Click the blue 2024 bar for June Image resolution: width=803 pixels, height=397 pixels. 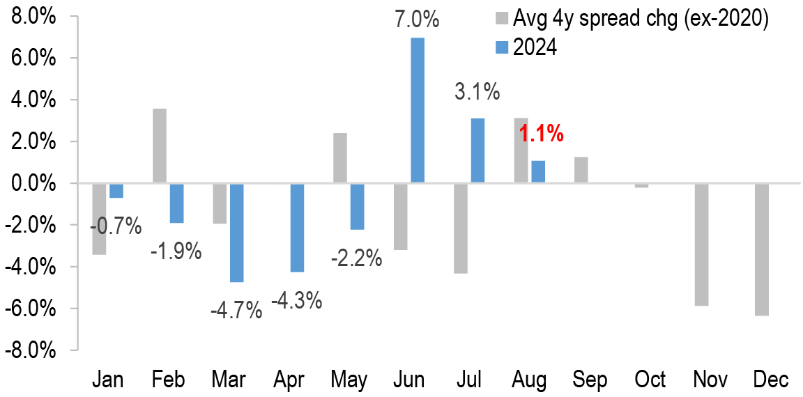pyautogui.click(x=418, y=110)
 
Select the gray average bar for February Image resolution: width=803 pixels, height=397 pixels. pyautogui.click(x=159, y=146)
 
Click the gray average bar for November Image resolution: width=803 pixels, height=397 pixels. pyautogui.click(x=701, y=244)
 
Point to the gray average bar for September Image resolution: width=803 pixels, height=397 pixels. pyautogui.click(x=581, y=170)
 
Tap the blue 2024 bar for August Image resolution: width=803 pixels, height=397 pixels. pyautogui.click(x=538, y=172)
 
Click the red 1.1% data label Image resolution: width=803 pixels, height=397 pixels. pyautogui.click(x=542, y=134)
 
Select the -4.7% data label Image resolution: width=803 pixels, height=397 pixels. pyautogui.click(x=236, y=309)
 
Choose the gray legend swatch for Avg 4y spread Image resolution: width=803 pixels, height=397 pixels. pyautogui.click(x=500, y=19)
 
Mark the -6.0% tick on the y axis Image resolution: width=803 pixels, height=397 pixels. pyautogui.click(x=31, y=309)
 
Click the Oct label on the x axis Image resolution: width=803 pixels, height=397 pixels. pyautogui.click(x=650, y=380)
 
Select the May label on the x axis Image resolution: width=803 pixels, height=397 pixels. pyautogui.click(x=349, y=380)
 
